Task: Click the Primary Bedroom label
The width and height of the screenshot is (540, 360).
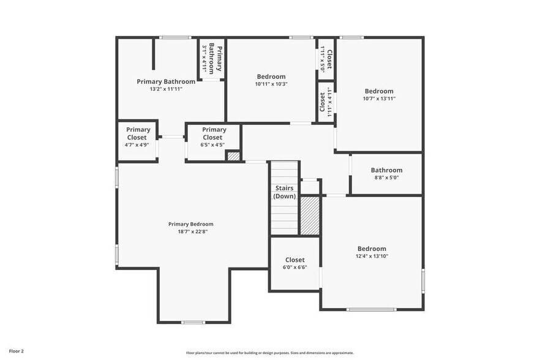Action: pos(191,224)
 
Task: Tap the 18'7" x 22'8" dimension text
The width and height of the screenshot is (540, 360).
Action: pos(191,231)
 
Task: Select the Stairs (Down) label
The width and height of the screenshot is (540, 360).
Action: pos(285,192)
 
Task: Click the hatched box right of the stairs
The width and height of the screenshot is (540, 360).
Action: pos(310,215)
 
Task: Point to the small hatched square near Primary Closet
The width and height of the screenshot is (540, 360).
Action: pos(233,156)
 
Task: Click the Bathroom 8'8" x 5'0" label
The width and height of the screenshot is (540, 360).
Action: pos(386,174)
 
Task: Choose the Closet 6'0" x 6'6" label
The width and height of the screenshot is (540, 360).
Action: pos(294,263)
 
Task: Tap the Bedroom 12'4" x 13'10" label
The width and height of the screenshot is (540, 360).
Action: pos(372,252)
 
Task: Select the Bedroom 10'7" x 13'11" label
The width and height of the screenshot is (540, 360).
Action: pos(379,94)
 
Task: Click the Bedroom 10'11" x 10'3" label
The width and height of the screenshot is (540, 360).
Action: pos(271,80)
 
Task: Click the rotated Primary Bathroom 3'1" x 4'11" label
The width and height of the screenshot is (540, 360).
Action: pos(212,58)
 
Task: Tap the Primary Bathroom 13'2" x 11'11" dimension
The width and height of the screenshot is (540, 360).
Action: pos(166,89)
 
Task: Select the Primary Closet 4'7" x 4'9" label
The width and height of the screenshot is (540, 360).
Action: pos(138,137)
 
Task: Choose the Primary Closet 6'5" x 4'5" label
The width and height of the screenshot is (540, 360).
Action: pos(214,137)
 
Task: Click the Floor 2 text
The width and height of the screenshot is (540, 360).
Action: pos(17,351)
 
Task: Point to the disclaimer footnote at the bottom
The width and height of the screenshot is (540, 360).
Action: pos(270,353)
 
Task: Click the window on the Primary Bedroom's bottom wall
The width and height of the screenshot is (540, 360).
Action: pos(193,322)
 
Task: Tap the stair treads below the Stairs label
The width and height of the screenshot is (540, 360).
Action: pos(285,217)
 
